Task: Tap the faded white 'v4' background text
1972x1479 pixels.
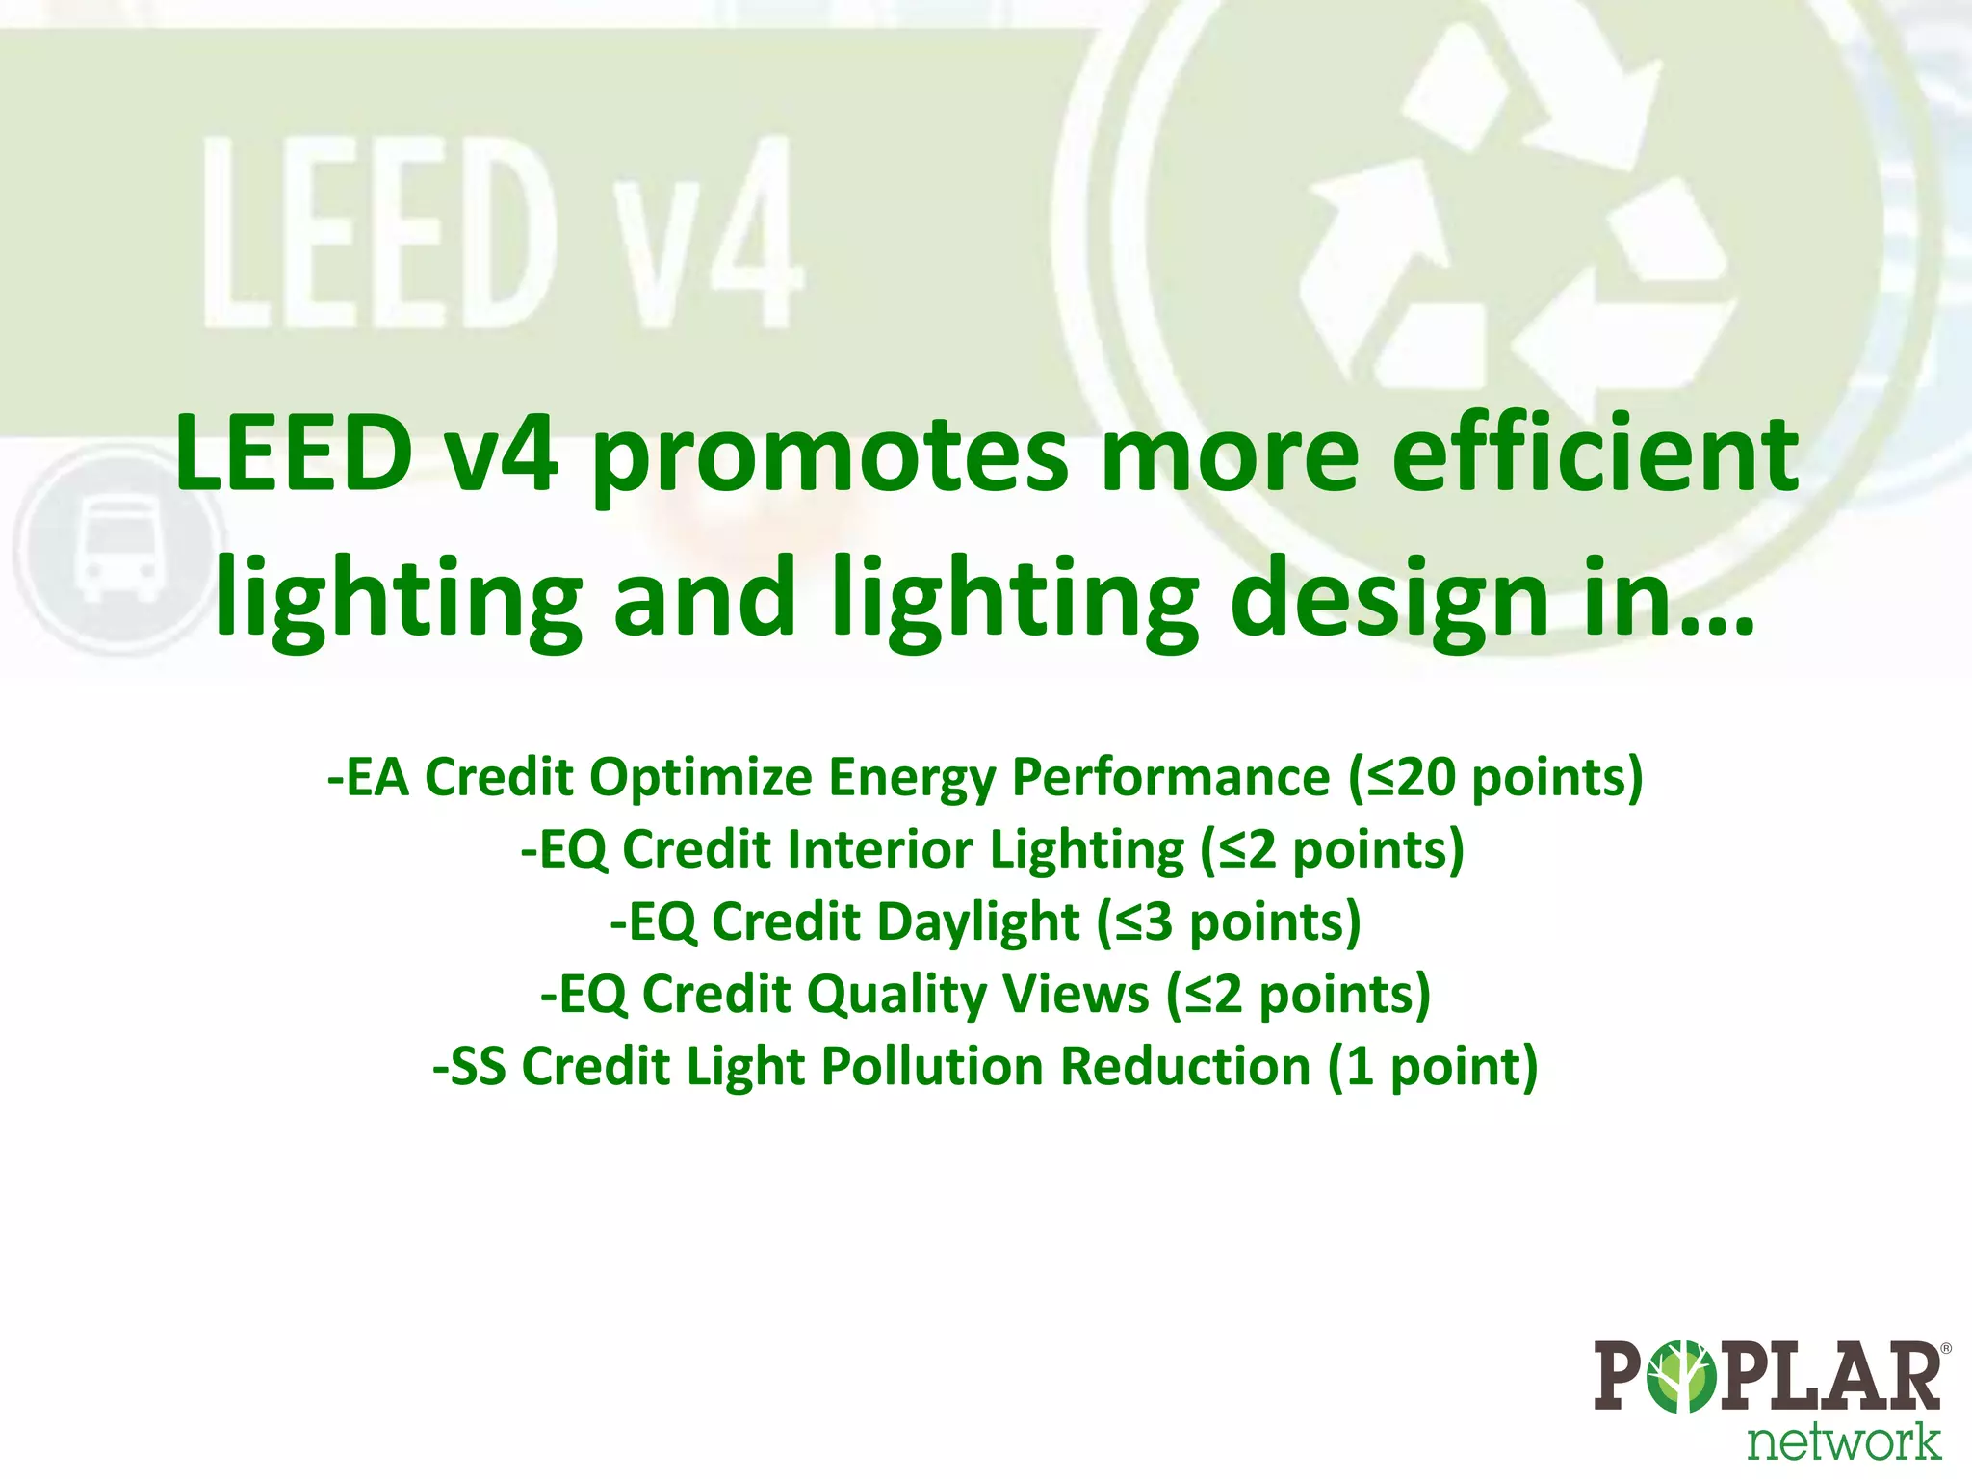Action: point(708,231)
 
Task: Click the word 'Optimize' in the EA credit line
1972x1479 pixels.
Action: point(701,777)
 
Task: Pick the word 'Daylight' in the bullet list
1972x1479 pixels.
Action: point(978,921)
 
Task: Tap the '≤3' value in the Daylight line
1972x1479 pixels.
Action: point(1145,921)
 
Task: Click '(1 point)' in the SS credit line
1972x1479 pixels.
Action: point(1432,1067)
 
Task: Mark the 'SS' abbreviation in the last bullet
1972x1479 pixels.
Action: point(478,1067)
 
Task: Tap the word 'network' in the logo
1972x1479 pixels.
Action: point(1843,1441)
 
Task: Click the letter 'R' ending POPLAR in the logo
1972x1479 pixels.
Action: point(1909,1377)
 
